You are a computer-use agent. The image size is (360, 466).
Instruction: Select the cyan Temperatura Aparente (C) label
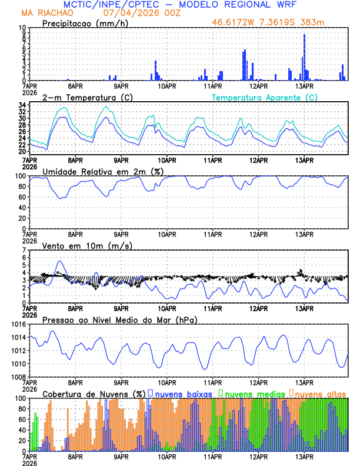point(264,97)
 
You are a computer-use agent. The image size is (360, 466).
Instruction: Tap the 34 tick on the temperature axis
point(22,105)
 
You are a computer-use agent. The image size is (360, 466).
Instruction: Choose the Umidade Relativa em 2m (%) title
point(104,171)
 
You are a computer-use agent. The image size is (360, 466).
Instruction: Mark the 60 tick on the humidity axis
point(22,197)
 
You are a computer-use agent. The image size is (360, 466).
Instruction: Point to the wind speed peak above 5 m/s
point(59,261)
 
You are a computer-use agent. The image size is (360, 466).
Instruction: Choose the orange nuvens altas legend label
point(322,393)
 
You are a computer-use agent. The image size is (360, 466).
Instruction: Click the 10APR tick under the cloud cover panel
point(167,456)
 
